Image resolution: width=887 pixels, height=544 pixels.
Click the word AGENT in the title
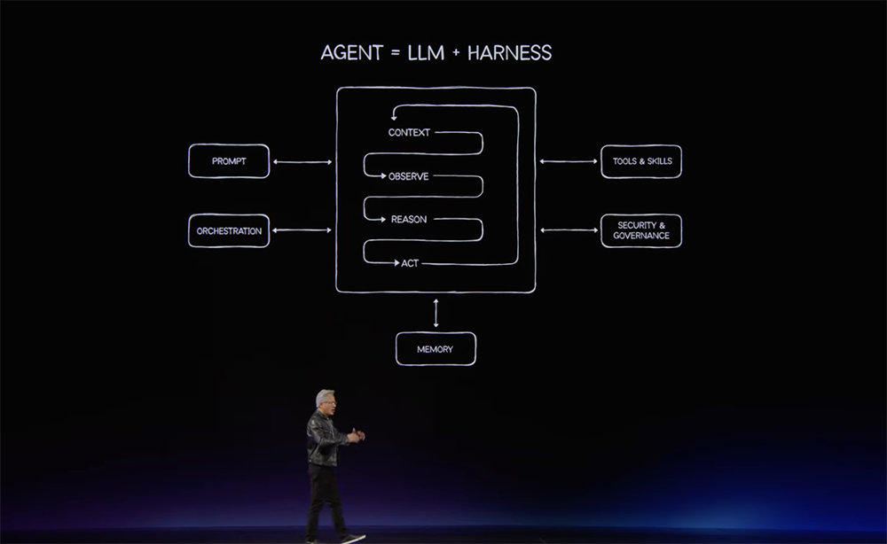click(x=352, y=53)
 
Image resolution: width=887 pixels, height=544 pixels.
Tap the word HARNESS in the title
click(x=509, y=53)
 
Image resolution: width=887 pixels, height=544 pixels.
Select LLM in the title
click(x=426, y=53)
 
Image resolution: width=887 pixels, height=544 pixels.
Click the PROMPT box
click(x=229, y=161)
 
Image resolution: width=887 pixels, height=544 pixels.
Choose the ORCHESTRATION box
click(x=229, y=230)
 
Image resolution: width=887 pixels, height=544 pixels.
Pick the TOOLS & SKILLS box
click(x=641, y=161)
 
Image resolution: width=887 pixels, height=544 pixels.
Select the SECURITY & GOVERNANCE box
click(x=641, y=230)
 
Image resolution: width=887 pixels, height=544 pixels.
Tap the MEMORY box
click(x=436, y=349)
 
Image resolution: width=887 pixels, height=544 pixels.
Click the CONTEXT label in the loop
click(x=409, y=133)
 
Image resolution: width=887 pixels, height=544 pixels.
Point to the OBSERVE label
click(x=408, y=177)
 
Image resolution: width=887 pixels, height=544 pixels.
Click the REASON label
click(x=408, y=220)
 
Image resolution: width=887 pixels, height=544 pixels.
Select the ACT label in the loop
click(x=410, y=263)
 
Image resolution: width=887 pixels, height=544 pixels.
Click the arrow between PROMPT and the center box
click(x=302, y=162)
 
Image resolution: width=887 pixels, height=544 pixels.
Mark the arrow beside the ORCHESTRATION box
click(x=302, y=229)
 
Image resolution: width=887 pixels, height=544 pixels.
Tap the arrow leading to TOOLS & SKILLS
click(x=568, y=161)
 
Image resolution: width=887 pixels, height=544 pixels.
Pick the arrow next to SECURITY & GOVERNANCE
click(x=569, y=229)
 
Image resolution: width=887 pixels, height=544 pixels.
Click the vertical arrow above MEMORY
click(x=436, y=313)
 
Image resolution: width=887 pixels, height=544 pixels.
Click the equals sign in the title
click(x=395, y=53)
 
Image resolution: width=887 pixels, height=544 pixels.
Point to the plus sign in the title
click(x=456, y=53)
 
